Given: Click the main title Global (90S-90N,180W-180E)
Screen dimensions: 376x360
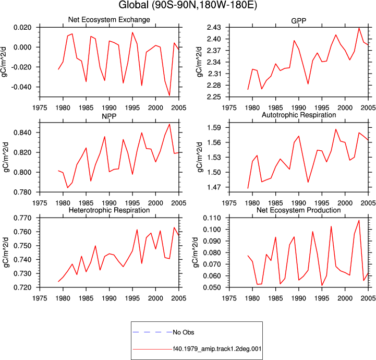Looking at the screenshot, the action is click(188, 5).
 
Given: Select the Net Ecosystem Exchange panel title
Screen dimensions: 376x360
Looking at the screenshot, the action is click(109, 20).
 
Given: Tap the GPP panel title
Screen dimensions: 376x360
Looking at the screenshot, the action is click(298, 21).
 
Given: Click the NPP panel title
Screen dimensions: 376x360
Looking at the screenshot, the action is click(109, 116).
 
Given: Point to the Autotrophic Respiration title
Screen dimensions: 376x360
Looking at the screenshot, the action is click(299, 115).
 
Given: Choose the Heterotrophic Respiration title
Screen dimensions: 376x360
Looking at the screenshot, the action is click(109, 210).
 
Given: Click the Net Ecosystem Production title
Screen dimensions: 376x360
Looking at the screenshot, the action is click(299, 210).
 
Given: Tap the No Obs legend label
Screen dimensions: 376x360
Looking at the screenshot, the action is click(184, 332).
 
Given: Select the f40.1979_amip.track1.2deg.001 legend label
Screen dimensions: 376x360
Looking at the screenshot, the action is click(217, 349).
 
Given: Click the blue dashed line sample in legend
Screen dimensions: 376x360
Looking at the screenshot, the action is click(152, 332).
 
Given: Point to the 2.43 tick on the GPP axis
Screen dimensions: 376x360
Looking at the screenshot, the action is click(214, 28).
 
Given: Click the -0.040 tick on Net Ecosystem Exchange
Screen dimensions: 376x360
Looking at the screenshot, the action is click(21, 87).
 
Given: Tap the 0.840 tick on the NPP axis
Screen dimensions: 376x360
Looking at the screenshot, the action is click(22, 133).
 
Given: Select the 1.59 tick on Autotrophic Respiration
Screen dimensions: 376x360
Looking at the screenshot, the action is click(214, 127).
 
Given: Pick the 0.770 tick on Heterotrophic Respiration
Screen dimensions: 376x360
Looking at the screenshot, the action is click(22, 218).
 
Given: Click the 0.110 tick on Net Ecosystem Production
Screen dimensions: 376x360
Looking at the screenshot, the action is click(212, 218).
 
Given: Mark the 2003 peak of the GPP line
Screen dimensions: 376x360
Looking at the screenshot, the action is click(359, 28).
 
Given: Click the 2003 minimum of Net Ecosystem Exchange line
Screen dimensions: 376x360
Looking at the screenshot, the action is click(169, 95).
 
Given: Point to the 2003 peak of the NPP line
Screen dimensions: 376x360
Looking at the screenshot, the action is click(169, 124).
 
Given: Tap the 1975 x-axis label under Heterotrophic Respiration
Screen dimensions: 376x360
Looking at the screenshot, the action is click(40, 298).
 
